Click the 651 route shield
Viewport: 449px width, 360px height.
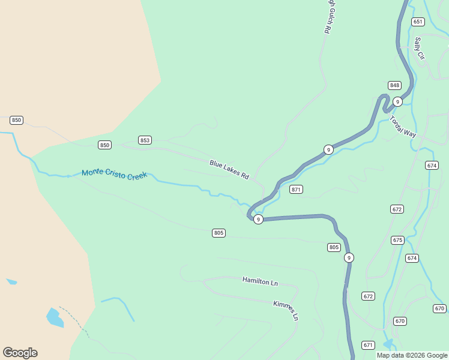click(418, 22)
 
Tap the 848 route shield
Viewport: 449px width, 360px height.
click(394, 85)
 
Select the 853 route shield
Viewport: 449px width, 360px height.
click(145, 140)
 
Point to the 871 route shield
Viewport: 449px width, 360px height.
click(296, 190)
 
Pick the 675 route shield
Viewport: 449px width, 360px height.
click(397, 240)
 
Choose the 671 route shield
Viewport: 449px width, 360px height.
click(368, 345)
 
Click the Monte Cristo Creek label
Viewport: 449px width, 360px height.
click(114, 173)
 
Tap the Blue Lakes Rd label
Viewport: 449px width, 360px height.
click(229, 170)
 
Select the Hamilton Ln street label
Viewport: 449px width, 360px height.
click(261, 281)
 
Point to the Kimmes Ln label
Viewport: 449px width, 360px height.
click(286, 310)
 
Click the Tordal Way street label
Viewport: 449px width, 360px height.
click(403, 127)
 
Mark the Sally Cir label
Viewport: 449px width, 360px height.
click(419, 48)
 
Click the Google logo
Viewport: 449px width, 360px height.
click(20, 353)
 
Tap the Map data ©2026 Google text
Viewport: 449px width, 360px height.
click(412, 355)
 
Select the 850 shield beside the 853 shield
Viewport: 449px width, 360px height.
click(105, 145)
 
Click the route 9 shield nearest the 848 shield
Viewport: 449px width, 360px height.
click(397, 102)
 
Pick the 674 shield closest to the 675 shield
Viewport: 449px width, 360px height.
click(411, 258)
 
